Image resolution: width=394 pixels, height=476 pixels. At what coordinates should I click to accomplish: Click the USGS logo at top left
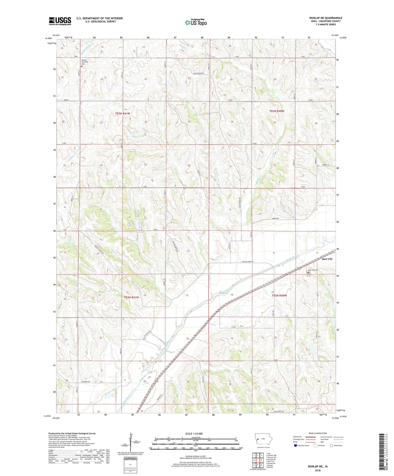tap(60, 21)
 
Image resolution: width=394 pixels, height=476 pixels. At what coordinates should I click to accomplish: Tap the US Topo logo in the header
tap(196, 23)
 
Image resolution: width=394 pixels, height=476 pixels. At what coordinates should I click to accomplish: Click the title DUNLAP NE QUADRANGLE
tap(325, 18)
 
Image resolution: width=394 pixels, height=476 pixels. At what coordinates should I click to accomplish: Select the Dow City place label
tap(327, 259)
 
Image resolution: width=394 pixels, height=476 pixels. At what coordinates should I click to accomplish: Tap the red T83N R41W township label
tap(123, 113)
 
